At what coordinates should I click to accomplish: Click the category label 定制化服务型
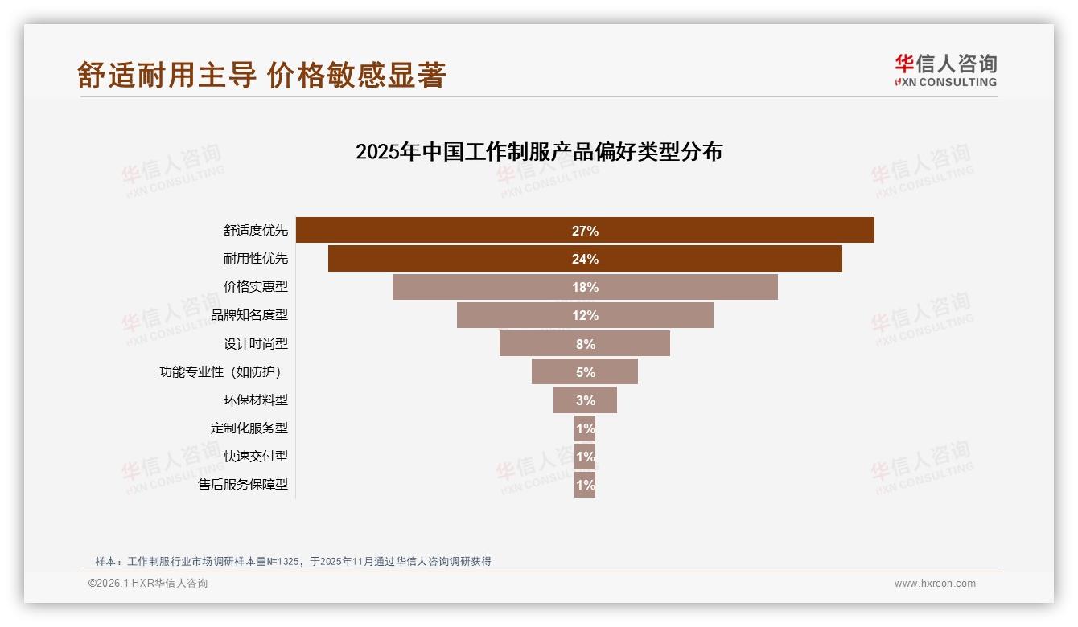click(249, 428)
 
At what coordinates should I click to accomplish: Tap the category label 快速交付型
click(256, 457)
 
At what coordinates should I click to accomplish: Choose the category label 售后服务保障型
click(243, 485)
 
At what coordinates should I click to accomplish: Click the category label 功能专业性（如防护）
click(224, 372)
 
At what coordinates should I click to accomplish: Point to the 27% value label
click(585, 231)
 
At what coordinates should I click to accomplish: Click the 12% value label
click(585, 315)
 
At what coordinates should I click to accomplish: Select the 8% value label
click(585, 344)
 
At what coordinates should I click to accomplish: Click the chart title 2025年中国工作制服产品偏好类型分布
click(539, 152)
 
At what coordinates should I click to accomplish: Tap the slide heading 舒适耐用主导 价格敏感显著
click(261, 75)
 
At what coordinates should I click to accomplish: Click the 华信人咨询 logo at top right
click(945, 70)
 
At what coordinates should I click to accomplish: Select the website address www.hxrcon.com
click(935, 584)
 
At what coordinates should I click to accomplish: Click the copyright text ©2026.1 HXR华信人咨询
click(148, 584)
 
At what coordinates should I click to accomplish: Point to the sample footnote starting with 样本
click(293, 562)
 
